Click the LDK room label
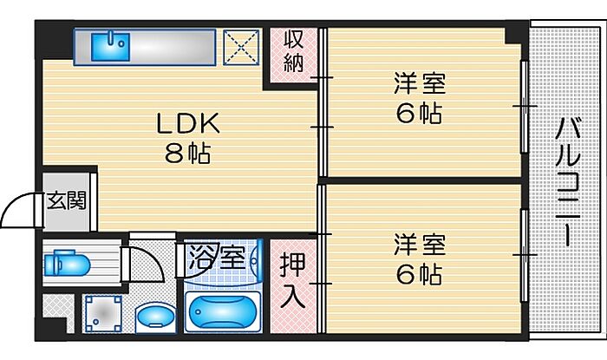(188, 123)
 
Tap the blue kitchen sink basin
(110, 47)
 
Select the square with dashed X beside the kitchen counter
(241, 47)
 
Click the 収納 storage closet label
(293, 52)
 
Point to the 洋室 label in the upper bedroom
(420, 82)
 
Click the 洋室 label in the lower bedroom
(420, 245)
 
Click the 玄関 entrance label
(67, 201)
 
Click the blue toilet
(67, 263)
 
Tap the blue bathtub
(223, 311)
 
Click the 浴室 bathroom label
(217, 256)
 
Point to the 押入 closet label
(293, 280)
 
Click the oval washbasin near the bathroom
(156, 317)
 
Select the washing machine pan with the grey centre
(103, 313)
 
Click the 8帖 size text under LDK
(188, 154)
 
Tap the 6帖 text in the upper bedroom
(419, 114)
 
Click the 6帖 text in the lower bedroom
(419, 274)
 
